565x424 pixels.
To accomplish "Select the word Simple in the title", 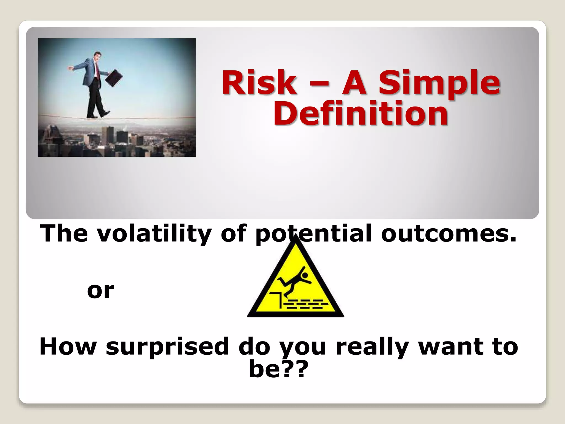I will pos(439,82).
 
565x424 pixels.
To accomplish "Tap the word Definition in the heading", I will pos(361,113).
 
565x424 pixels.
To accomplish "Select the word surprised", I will pos(167,347).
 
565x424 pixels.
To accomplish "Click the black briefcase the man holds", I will pos(114,78).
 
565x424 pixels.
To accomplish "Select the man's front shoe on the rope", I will pos(105,113).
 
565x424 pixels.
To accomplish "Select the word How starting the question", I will pos(68,347).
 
